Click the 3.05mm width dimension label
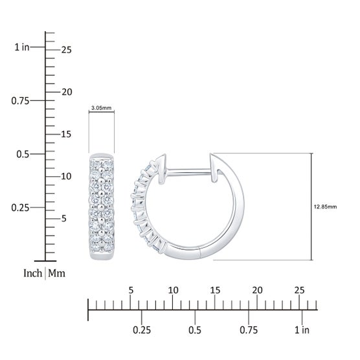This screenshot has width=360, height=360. [x=101, y=107]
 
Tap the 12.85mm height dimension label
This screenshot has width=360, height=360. [x=325, y=207]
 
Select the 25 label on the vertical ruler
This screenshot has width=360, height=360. [x=66, y=50]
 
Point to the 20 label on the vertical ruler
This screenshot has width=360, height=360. [x=67, y=92]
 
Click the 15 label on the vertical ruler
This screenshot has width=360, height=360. [x=66, y=134]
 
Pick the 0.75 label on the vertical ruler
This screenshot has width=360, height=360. [x=21, y=101]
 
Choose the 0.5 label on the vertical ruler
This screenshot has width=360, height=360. [x=23, y=154]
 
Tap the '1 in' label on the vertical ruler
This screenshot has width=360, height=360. [x=22, y=47]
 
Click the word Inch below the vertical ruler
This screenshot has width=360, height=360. [x=33, y=273]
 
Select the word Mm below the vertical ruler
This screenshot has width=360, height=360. [x=56, y=273]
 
